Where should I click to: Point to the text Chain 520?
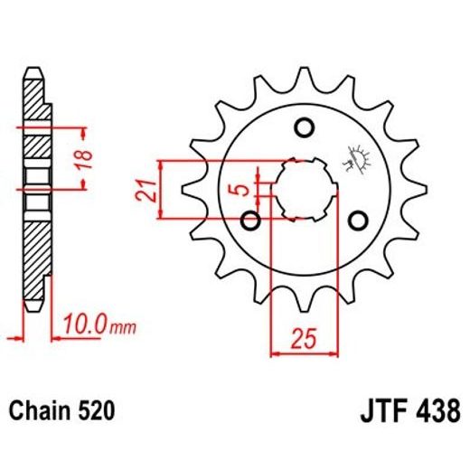pos(62,411)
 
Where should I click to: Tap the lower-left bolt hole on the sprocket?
pos(252,220)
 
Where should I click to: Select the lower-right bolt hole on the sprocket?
pos(360,220)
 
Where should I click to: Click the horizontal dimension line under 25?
pos(304,353)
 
